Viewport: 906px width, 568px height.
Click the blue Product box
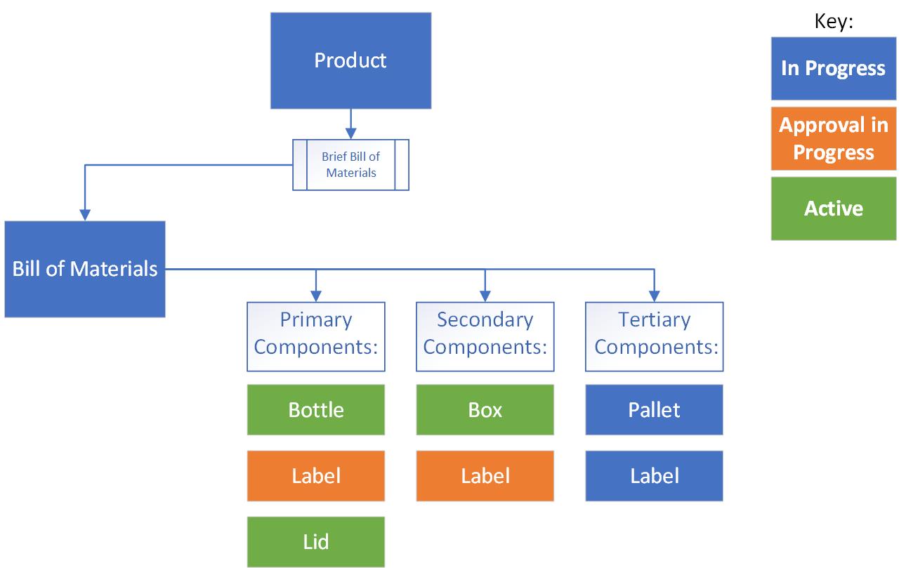click(x=350, y=60)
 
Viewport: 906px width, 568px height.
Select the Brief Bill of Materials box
click(x=350, y=164)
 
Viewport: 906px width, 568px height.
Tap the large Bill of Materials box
click(x=85, y=269)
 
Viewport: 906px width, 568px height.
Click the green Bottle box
click(x=316, y=409)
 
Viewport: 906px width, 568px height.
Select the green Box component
click(x=485, y=409)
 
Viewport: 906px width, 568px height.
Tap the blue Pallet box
click(x=654, y=409)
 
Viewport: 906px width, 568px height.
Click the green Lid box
click(x=316, y=541)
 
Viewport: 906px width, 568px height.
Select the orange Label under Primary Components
click(x=316, y=475)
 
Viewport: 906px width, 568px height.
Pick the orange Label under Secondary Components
click(x=485, y=475)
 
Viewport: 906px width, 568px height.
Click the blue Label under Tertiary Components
click(x=654, y=475)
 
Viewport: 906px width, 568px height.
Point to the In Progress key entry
click(x=833, y=68)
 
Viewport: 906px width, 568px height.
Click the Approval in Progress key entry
click(x=833, y=138)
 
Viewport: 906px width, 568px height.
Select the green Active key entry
click(x=833, y=209)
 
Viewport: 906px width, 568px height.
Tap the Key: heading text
click(x=834, y=21)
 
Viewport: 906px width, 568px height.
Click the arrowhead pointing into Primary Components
click(x=316, y=296)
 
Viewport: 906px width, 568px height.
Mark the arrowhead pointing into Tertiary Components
click(x=654, y=296)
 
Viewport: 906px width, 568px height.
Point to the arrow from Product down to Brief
click(x=350, y=124)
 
